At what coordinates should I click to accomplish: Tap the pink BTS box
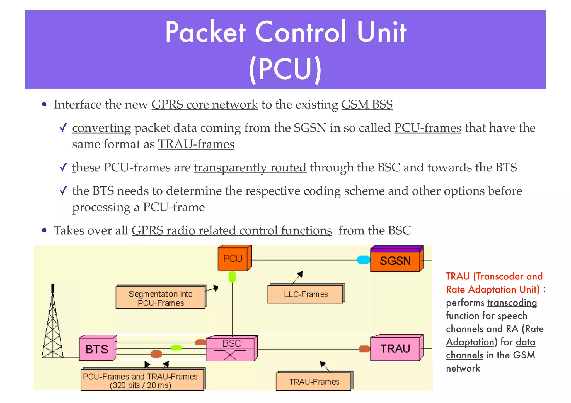click(97, 349)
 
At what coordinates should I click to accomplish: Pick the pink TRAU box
click(395, 349)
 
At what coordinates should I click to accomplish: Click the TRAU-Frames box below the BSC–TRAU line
click(314, 382)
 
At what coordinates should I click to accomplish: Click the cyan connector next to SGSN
click(363, 260)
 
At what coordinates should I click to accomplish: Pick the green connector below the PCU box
click(232, 277)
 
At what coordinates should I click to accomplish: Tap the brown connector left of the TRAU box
click(364, 349)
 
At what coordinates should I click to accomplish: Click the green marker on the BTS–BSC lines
click(176, 348)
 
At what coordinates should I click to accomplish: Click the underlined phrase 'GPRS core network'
click(205, 105)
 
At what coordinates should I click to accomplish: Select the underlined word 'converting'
click(101, 128)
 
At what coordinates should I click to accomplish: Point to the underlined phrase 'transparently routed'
click(250, 168)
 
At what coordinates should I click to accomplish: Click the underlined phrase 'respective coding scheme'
click(315, 191)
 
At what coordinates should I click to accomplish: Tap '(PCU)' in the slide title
click(285, 70)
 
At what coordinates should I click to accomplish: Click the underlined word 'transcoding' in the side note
click(512, 303)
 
